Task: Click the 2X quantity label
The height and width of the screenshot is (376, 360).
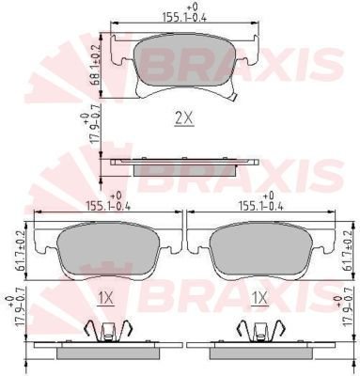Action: (x=184, y=119)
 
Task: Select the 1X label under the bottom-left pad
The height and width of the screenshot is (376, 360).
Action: (x=105, y=298)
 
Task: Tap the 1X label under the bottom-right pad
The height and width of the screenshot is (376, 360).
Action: (x=259, y=298)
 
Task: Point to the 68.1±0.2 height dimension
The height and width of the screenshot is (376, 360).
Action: (x=96, y=65)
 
